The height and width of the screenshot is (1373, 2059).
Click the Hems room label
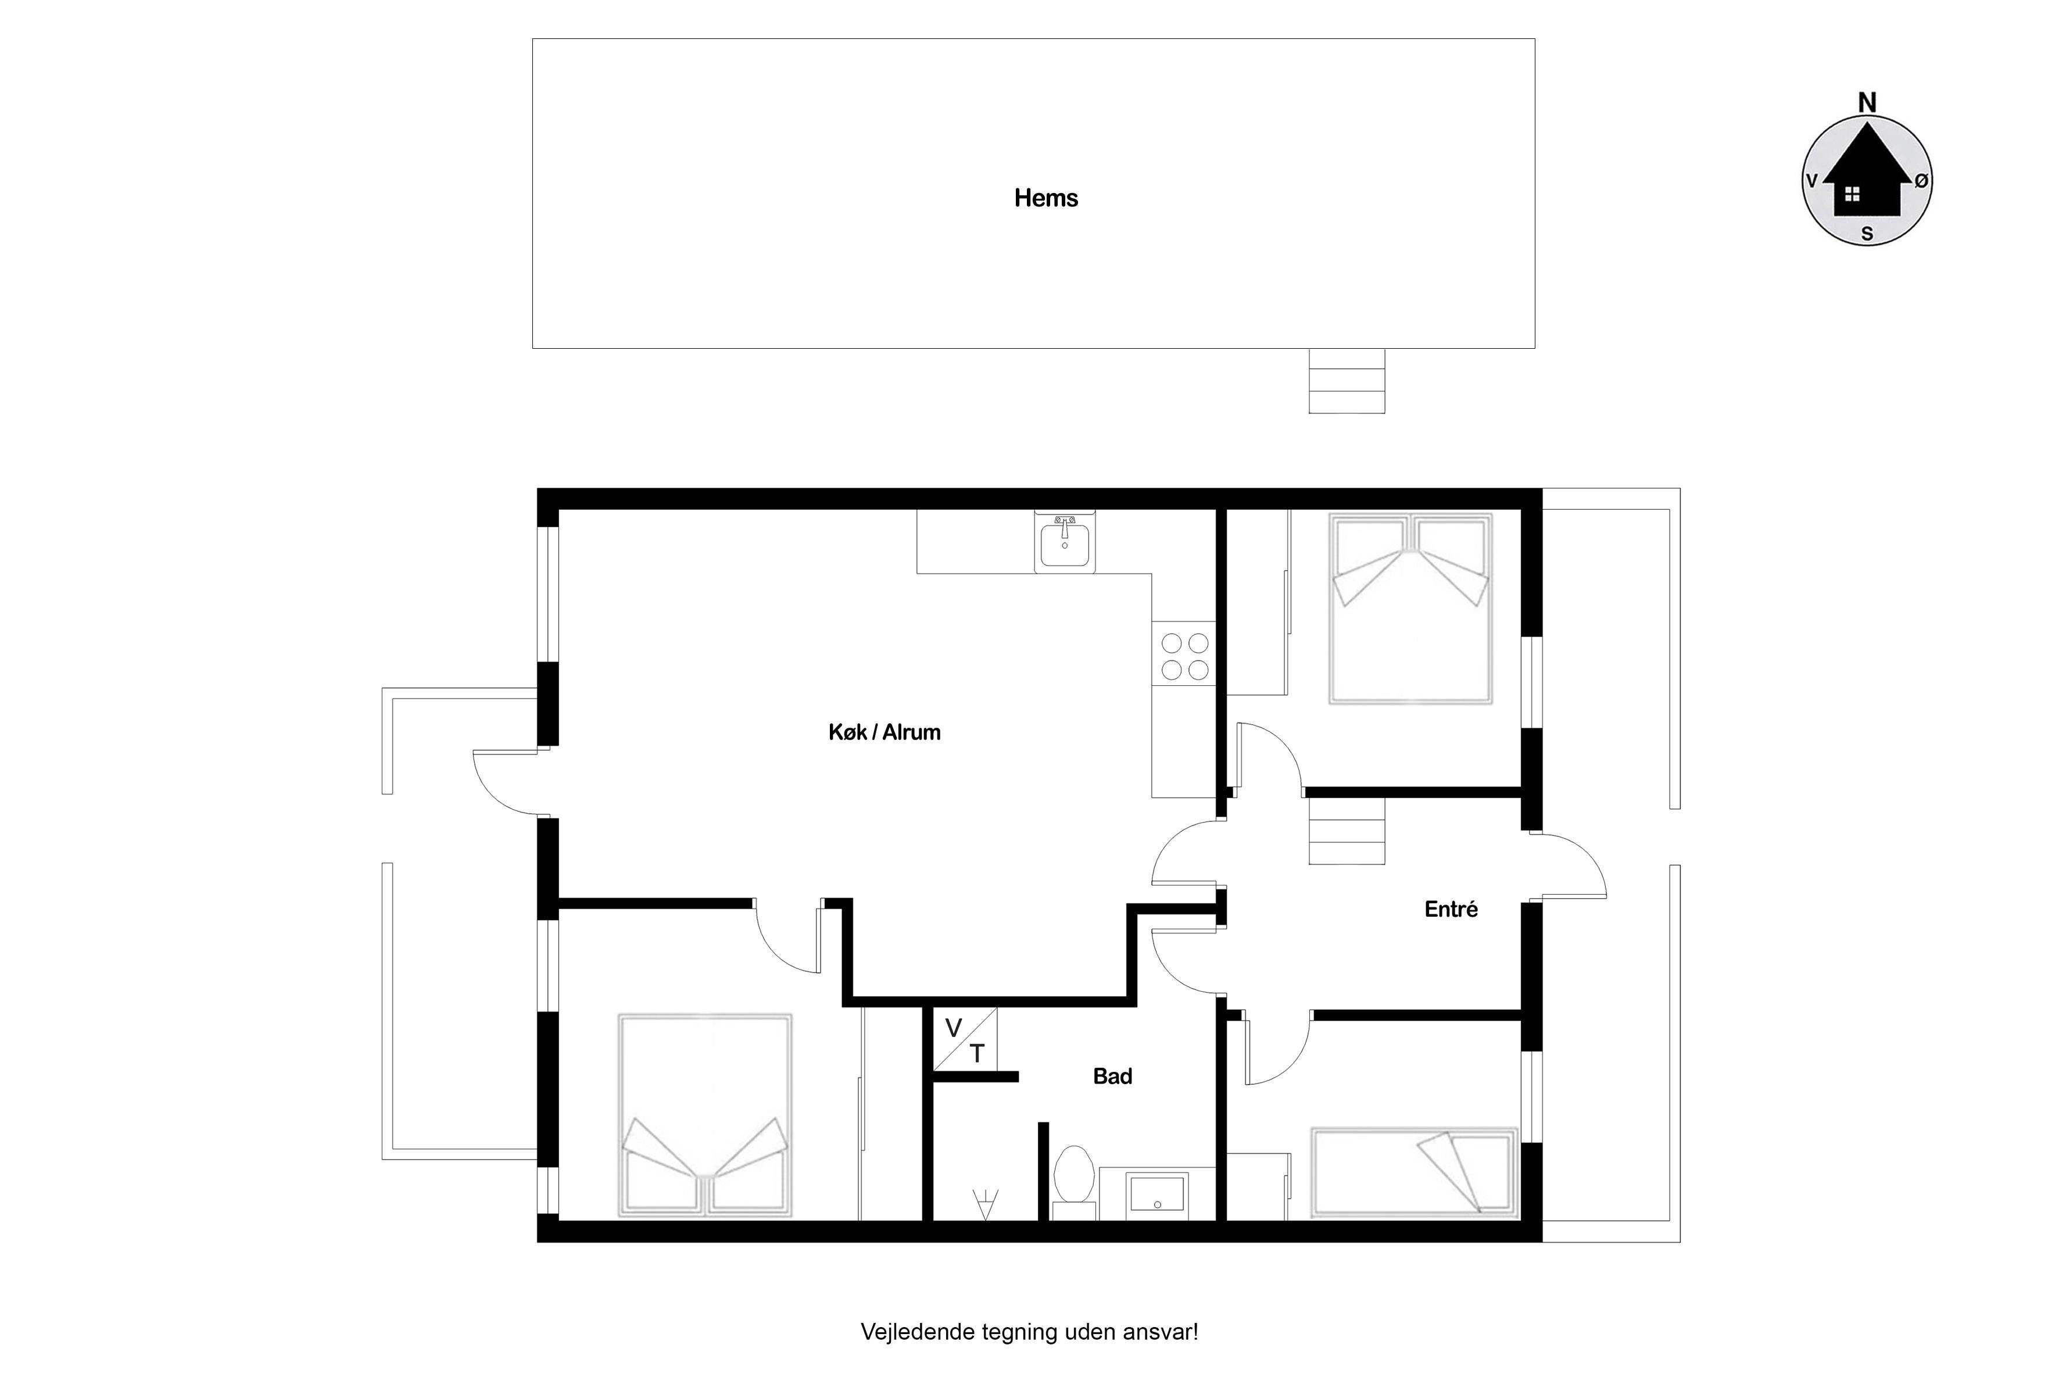pos(1045,198)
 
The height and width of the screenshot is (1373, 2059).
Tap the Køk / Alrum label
pos(884,732)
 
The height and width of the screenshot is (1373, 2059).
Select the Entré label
pos(1451,909)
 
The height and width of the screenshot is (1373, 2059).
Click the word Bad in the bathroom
pos(1113,1076)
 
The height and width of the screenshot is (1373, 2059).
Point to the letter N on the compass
pos(1867,103)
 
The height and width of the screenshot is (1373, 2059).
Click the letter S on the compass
pos(1867,234)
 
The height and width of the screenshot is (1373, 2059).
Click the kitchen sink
pos(1065,543)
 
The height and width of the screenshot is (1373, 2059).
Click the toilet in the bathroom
pos(1074,1182)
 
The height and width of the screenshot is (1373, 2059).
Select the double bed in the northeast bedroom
pos(1410,609)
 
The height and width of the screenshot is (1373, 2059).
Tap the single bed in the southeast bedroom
pos(1414,1174)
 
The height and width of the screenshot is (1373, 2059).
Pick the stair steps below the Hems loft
pos(1347,381)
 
